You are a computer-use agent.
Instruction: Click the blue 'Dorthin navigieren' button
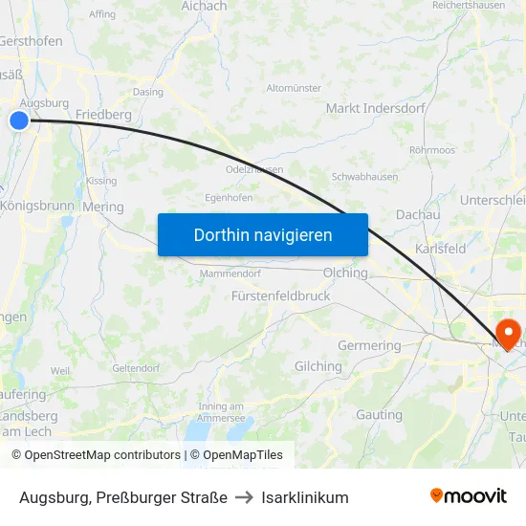click(x=263, y=234)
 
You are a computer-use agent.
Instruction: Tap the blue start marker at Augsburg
click(x=19, y=120)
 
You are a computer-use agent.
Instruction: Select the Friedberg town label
click(x=103, y=115)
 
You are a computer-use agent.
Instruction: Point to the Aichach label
click(x=205, y=6)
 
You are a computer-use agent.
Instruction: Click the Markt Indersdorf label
click(x=375, y=108)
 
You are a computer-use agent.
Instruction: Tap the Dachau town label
click(x=418, y=215)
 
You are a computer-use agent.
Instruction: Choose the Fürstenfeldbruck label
click(x=281, y=296)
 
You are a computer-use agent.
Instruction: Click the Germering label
click(x=369, y=345)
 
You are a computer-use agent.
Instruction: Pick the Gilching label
click(x=318, y=366)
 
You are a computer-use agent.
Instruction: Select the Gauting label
click(x=379, y=415)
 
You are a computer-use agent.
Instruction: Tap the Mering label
click(x=103, y=207)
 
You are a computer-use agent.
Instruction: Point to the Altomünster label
click(x=294, y=88)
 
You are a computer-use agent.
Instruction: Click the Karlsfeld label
click(x=441, y=249)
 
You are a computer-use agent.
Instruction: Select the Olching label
click(x=345, y=273)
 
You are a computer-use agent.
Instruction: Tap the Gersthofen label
click(x=32, y=41)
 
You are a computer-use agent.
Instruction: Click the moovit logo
click(x=469, y=496)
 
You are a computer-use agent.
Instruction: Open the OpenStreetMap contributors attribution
click(x=97, y=455)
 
